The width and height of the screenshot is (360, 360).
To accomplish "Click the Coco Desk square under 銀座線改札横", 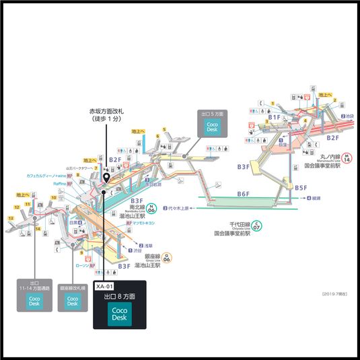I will coord(73,301).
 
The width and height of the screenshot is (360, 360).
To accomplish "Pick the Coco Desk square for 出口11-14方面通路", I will coord(34,301).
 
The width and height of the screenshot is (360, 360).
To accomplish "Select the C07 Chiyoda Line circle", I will coord(256,225).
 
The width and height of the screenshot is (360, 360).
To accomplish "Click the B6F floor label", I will coord(243,194).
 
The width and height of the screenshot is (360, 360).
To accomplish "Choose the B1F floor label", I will coord(274,117).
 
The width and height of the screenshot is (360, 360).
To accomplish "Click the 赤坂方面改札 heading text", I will coord(107,111).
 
